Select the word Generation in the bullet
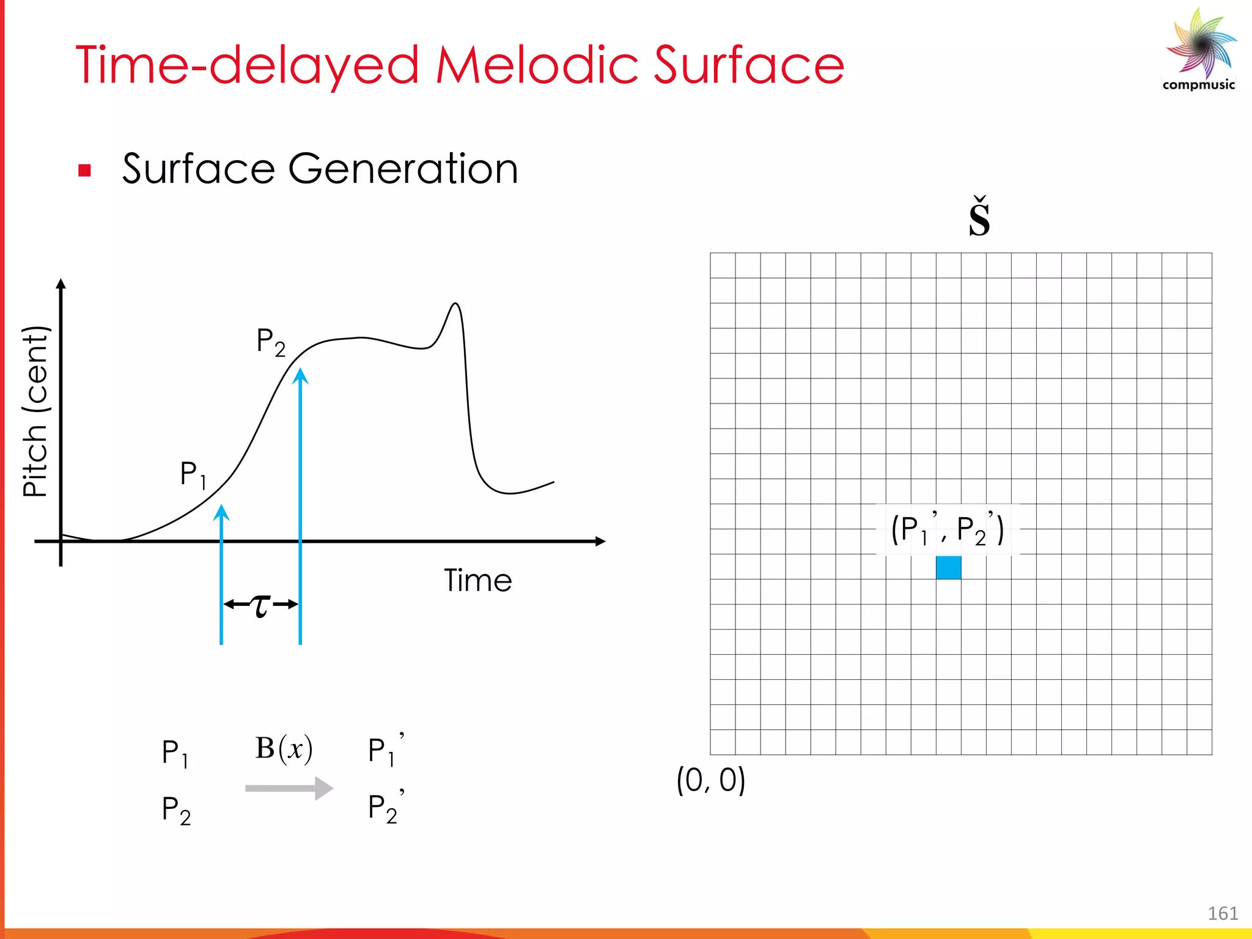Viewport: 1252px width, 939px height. coord(403,169)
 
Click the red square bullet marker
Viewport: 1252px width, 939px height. coord(85,171)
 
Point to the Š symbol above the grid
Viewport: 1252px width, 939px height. coord(979,218)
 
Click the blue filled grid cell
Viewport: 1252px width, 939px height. coord(948,567)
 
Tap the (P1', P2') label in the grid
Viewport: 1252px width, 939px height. coord(947,529)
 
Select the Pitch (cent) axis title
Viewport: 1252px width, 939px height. coord(35,411)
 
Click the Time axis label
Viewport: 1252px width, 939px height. coord(477,580)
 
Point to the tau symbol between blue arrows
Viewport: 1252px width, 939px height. coord(261,605)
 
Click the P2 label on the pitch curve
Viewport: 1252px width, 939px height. coord(271,342)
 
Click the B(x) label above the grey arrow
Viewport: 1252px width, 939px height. coord(284,748)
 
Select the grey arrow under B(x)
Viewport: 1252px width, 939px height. coord(289,788)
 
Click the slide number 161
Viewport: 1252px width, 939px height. coord(1223,913)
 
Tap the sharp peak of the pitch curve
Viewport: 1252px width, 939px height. coord(455,304)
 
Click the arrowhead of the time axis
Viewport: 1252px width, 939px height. coord(600,541)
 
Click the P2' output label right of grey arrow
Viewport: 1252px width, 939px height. coord(385,808)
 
